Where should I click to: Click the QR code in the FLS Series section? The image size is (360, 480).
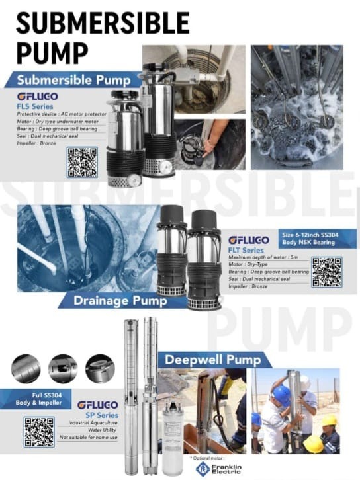pos(82,162)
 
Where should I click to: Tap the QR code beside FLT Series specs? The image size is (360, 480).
pos(327,272)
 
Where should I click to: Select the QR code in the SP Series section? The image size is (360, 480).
pos(39,431)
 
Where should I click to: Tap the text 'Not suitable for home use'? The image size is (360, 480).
pos(88,438)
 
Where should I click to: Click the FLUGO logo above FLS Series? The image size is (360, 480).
pos(37,97)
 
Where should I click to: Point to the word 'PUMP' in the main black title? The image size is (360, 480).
pos(52,52)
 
